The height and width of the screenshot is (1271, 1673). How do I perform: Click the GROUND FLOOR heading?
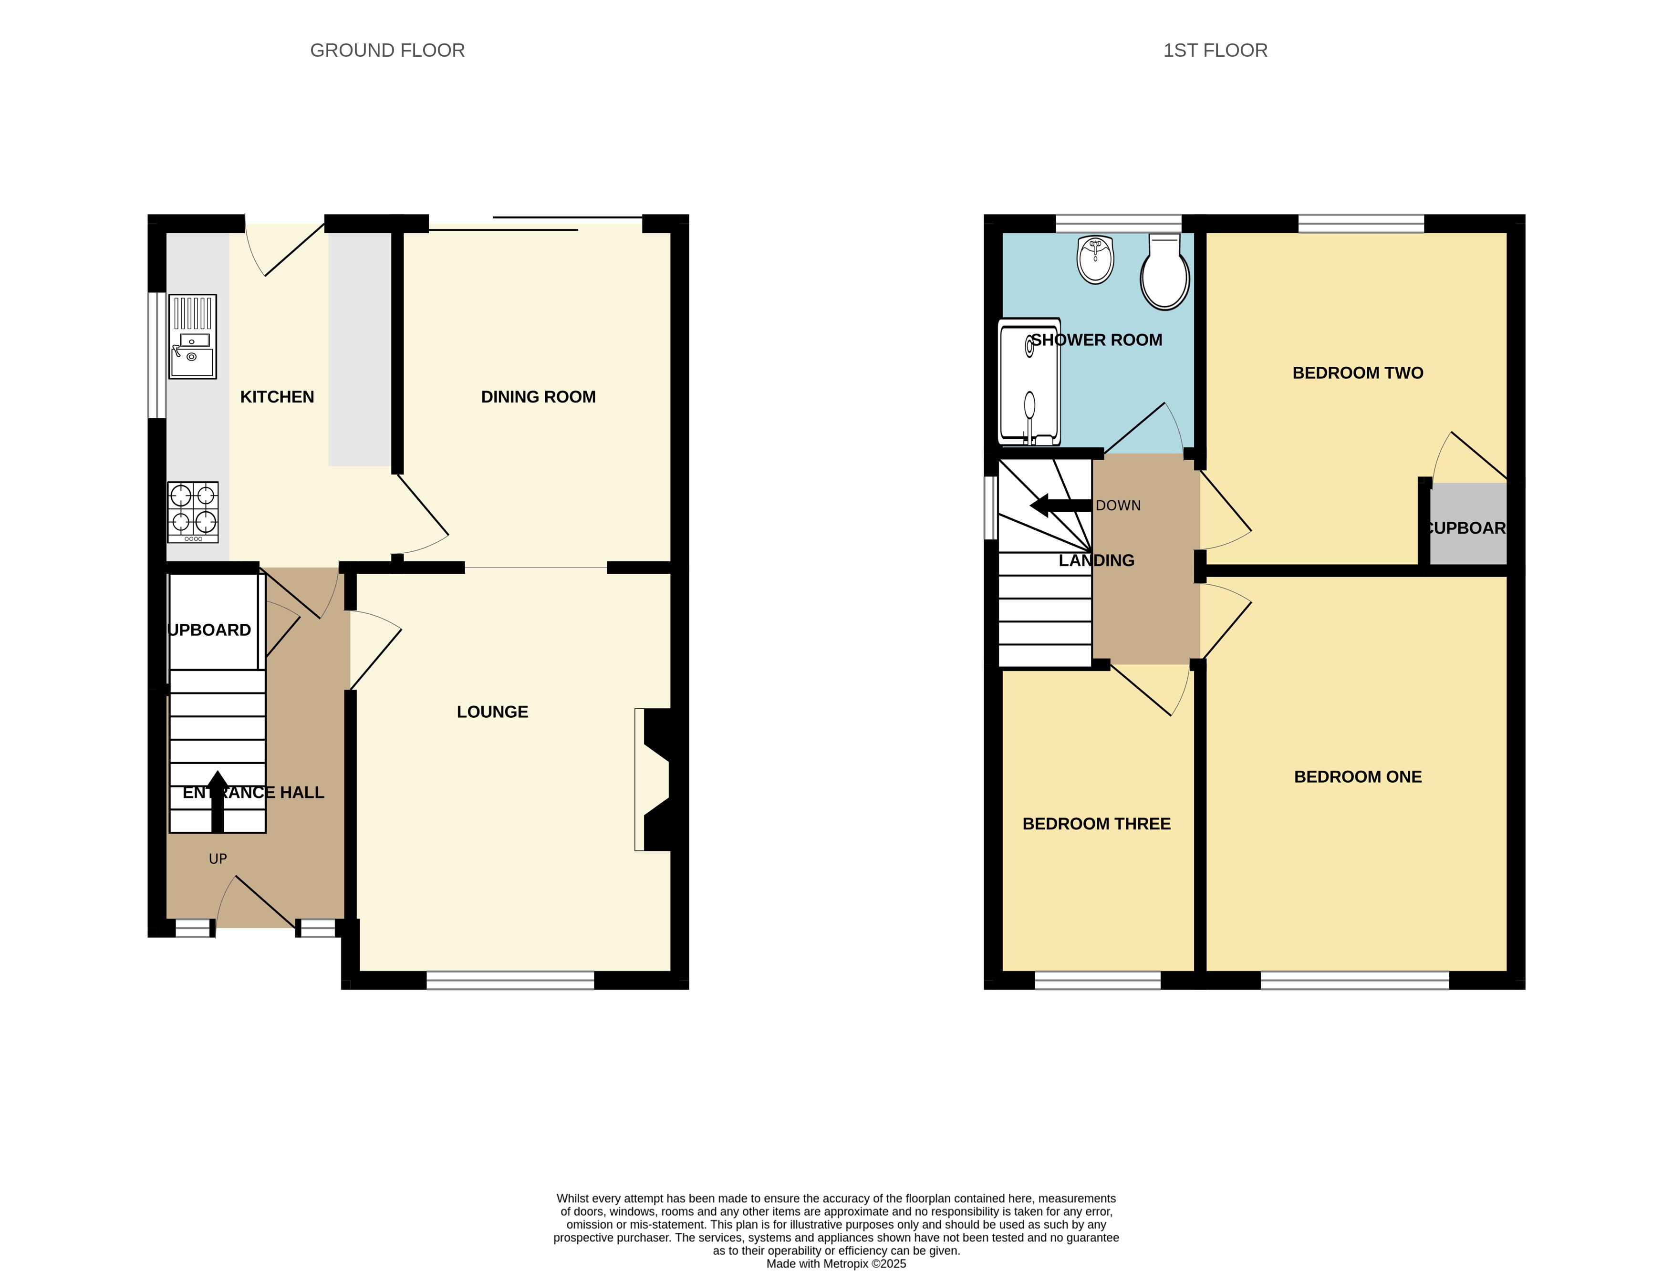click(387, 51)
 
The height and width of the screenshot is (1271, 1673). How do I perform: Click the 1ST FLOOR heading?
click(1215, 51)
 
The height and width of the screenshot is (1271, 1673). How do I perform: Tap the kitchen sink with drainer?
click(192, 337)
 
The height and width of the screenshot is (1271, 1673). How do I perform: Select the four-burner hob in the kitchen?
click(193, 511)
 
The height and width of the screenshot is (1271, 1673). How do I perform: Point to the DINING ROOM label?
click(538, 397)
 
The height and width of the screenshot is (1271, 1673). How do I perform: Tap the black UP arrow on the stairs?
click(217, 800)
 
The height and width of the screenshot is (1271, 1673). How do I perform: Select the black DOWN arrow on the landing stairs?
click(1060, 506)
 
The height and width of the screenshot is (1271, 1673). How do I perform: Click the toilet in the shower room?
click(1164, 272)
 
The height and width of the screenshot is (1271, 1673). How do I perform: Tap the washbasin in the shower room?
click(1095, 259)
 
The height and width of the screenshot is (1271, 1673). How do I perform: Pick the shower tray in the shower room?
click(1029, 382)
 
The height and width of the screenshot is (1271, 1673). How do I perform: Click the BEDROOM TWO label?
click(1358, 373)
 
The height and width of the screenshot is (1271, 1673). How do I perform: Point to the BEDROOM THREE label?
click(1096, 824)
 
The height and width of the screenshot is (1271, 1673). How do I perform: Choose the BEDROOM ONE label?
click(1358, 777)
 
